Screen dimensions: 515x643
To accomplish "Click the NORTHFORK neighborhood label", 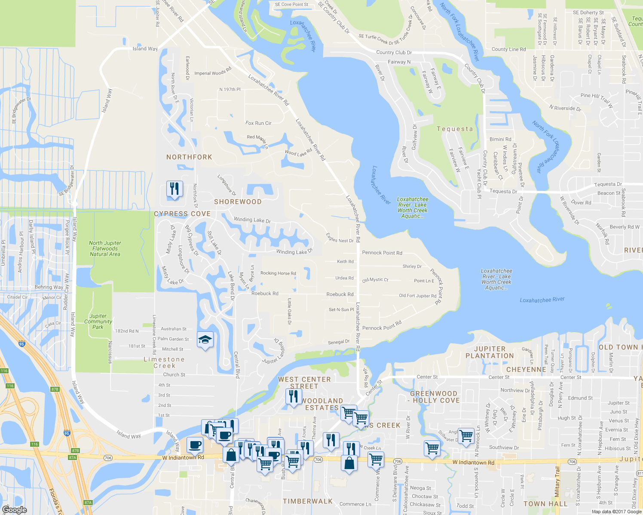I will [189, 157].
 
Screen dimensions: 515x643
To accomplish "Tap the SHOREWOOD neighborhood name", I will [238, 202].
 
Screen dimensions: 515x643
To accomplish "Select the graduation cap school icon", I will [205, 340].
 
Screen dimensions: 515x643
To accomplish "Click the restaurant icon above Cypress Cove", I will [175, 189].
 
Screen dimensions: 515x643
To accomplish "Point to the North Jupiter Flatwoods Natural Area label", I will [105, 248].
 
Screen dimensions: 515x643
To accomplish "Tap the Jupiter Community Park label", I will [98, 321].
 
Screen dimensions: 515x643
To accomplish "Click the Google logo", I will [14, 510].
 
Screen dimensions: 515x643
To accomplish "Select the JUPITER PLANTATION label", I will [490, 352].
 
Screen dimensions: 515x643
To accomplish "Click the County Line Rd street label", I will [508, 49].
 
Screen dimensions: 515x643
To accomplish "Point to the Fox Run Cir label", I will [258, 123].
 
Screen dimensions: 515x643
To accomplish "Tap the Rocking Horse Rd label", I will [278, 273].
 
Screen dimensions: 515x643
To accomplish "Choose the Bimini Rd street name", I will [500, 139].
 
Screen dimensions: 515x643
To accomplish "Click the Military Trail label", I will [557, 482].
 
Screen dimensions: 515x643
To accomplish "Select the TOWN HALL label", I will [545, 504].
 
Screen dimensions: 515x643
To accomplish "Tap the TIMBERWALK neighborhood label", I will [307, 501].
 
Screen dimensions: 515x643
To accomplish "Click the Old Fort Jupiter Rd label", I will [417, 296].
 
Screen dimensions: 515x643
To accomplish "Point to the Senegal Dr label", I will [339, 342].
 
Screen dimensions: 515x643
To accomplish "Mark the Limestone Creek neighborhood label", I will [164, 363].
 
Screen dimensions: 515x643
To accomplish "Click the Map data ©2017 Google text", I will [616, 512].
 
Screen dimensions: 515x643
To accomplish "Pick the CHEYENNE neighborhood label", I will [526, 370].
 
